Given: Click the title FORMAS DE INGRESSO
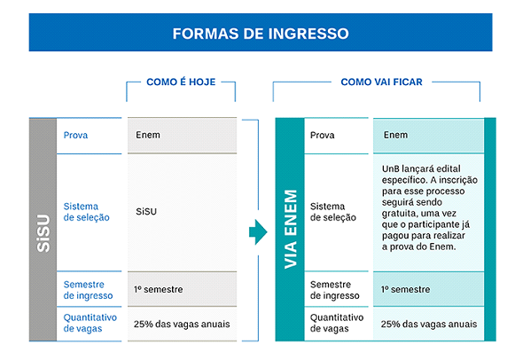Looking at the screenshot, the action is point(261,34).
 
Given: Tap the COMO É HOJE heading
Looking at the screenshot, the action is point(181,82).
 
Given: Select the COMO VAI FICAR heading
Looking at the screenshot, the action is point(381,82).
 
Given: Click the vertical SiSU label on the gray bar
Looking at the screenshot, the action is point(43,233).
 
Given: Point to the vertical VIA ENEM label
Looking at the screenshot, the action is point(291,229).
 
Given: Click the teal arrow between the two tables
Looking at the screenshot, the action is point(258,232).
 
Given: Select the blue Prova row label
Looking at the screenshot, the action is point(75,135).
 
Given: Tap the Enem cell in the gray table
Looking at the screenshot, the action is point(148,135).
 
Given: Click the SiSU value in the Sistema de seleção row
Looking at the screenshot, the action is point(146,212).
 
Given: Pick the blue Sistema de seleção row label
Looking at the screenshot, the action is point(86,212).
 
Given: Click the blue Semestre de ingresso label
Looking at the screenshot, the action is point(88,290).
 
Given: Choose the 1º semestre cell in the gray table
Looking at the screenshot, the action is point(159,289).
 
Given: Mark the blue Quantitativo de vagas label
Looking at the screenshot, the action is point(90,323).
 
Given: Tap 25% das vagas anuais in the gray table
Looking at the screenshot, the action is point(182,325).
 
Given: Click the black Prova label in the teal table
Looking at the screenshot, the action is point(322,135).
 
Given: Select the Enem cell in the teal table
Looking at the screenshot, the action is point(395,135).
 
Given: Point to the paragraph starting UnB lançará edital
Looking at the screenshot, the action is point(430,207).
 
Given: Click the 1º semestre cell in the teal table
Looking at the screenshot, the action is point(406,289).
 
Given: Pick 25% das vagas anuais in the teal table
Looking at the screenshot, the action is point(429,325).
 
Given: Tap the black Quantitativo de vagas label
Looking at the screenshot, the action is point(337,323).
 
